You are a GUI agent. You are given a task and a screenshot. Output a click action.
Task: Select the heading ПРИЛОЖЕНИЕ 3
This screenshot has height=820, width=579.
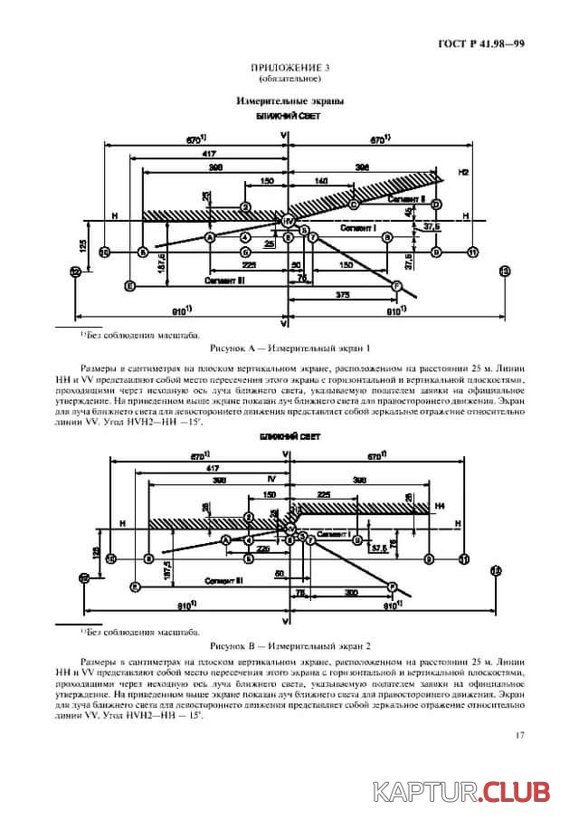pos(289,68)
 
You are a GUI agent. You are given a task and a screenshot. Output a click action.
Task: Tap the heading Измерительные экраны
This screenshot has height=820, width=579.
pos(289,101)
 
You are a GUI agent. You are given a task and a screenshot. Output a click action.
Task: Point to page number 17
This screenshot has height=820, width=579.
pos(519,735)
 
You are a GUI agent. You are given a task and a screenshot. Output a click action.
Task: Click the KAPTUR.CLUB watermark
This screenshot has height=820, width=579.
pos(462,793)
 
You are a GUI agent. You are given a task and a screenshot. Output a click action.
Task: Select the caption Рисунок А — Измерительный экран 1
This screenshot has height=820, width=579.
pos(289,348)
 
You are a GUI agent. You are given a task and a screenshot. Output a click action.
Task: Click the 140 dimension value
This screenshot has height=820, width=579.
pos(323,182)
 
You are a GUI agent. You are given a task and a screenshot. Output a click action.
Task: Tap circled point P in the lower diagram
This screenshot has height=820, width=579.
pos(393,586)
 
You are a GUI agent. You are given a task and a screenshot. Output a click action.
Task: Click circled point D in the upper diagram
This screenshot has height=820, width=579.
pos(436,205)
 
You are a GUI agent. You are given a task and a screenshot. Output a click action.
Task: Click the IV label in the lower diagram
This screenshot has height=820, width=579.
pos(271,477)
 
